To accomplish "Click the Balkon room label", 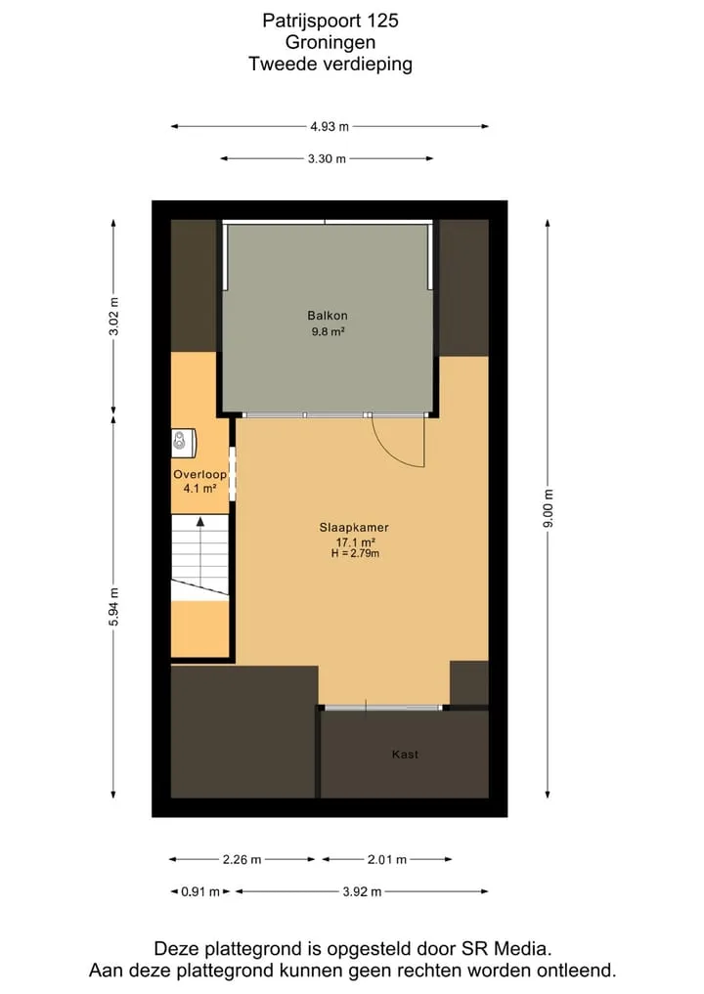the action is coord(328,315).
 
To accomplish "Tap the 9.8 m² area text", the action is coord(328,331).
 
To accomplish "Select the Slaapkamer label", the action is coord(354,528).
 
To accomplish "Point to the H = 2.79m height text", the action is coord(355,553).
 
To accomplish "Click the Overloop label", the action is coord(199,474).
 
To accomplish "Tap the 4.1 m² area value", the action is coord(199,488).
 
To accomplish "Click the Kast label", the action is coord(405,754).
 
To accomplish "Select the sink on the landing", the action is coord(183,443).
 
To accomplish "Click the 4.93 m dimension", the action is coord(330,126).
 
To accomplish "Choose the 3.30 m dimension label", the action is coord(327,158).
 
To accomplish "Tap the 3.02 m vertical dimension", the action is coord(113,317).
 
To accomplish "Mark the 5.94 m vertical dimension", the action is coord(113,607).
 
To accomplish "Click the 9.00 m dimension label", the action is coord(548,508).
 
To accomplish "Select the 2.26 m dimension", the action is coord(242,859).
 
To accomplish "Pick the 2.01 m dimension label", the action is coord(387,859).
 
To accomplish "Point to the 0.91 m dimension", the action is coord(200,892).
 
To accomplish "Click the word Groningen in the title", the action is coord(330,42).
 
